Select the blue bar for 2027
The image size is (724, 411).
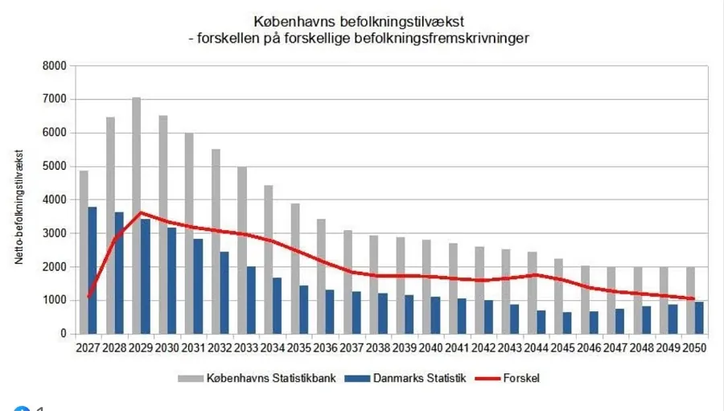pos(93,269)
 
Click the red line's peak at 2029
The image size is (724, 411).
pos(141,213)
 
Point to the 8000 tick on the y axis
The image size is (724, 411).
pos(55,66)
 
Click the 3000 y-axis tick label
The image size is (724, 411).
pos(55,233)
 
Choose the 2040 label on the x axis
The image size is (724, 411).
pos(431,347)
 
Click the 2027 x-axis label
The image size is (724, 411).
pos(88,347)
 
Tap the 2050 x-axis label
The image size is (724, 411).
pos(695,347)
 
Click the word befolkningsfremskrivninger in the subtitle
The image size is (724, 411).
pos(451,37)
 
